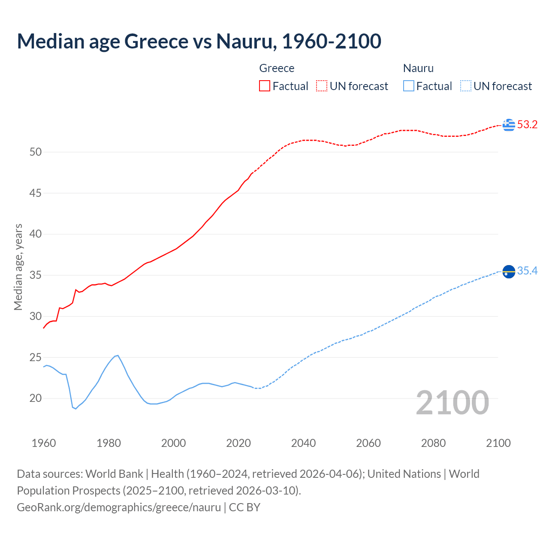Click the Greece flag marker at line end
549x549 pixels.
(509, 125)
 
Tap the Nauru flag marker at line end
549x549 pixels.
(509, 271)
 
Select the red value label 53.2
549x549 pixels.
(527, 125)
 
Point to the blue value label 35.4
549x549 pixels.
(527, 271)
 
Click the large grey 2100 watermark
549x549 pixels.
(452, 403)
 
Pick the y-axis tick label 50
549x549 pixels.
(36, 152)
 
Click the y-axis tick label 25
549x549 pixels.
(36, 358)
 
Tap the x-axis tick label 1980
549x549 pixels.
(109, 443)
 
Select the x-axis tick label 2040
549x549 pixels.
(303, 443)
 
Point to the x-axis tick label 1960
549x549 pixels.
(44, 443)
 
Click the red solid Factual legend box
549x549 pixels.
(265, 86)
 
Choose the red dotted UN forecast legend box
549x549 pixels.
(322, 86)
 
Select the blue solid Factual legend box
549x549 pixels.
(409, 86)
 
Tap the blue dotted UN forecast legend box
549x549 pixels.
(466, 86)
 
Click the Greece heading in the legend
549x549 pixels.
(277, 68)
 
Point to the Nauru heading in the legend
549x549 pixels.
(418, 68)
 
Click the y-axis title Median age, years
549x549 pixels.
(18, 267)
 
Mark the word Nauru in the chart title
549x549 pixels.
(244, 41)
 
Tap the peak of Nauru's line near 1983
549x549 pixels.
(118, 355)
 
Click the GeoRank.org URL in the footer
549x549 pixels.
(119, 507)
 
